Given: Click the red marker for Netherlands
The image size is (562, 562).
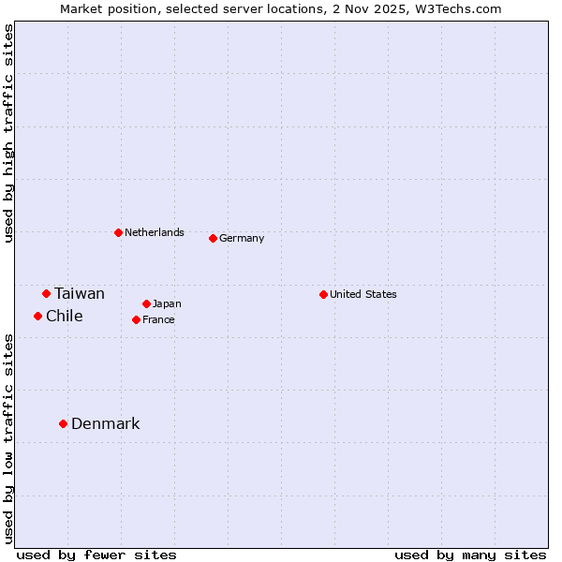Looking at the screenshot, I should [118, 232].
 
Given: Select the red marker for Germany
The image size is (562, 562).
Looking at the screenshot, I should [213, 238].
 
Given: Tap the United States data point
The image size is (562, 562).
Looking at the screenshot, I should [323, 294].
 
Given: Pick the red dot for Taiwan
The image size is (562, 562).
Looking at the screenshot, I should [46, 293].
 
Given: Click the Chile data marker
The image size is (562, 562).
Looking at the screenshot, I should [37, 316].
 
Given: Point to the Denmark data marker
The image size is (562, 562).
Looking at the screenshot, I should [63, 423].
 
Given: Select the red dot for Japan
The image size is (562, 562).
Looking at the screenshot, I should [146, 303].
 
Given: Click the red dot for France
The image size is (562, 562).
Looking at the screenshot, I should [136, 319].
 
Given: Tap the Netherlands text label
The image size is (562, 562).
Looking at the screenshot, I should [155, 232].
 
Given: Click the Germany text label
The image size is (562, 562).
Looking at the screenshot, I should [242, 238].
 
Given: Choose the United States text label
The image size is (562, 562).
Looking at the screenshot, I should [363, 294].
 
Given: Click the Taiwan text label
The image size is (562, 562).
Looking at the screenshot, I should [80, 293].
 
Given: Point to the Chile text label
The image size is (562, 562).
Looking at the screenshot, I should [65, 316].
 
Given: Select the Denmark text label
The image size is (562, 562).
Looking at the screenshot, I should [106, 423].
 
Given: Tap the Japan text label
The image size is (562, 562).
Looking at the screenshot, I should [167, 303].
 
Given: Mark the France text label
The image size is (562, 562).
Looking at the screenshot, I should [158, 319].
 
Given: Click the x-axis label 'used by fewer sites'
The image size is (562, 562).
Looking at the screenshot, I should [96, 555].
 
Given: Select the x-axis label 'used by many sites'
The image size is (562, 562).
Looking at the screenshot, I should [470, 555].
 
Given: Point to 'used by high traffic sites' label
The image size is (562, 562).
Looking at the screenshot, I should [8, 133].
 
